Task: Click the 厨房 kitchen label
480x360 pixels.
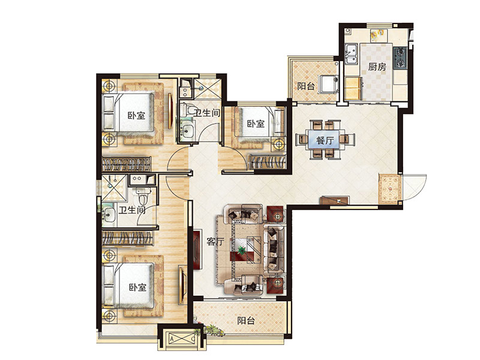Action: tap(377, 67)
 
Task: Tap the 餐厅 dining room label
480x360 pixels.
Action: tap(325, 140)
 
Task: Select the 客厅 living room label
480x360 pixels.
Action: tap(215, 242)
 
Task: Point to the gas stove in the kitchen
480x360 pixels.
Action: tap(400, 58)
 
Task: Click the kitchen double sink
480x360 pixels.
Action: tap(352, 53)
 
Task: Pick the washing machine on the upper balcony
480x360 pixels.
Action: tap(328, 84)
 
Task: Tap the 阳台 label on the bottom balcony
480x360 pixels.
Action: tap(246, 320)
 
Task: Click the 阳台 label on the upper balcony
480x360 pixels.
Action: tap(306, 86)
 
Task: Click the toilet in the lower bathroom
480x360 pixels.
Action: tap(143, 196)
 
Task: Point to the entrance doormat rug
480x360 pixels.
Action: tap(389, 189)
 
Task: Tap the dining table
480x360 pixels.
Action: tap(325, 140)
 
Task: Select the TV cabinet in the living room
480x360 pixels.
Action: tap(197, 249)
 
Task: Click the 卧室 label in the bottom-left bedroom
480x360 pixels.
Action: tap(137, 287)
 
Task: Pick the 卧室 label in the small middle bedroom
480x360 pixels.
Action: tap(256, 124)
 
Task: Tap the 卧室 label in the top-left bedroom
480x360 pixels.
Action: tap(136, 116)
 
